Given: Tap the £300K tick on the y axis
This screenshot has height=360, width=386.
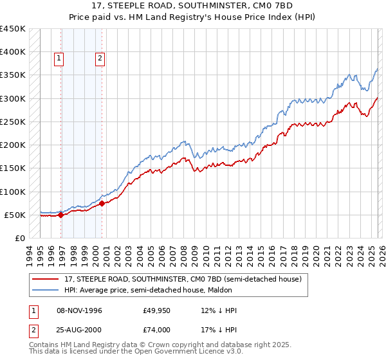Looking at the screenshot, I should [13, 98].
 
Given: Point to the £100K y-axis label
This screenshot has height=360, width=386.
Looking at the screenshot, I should [13, 192].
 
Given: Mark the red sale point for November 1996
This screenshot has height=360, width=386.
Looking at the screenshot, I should [61, 215].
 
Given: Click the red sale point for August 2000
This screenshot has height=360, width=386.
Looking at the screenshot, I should [102, 204].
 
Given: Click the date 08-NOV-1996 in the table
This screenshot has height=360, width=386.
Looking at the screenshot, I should [79, 310].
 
